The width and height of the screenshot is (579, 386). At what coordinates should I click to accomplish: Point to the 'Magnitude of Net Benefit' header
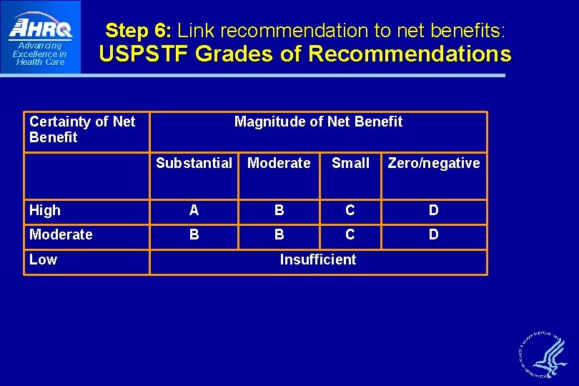point(318,122)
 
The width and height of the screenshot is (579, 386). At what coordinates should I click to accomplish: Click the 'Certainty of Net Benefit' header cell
point(82,129)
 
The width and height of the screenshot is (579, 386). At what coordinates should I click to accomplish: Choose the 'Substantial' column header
point(194,163)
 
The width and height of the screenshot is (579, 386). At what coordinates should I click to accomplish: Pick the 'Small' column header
point(350,163)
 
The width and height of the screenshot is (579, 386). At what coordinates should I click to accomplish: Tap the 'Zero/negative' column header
point(433,163)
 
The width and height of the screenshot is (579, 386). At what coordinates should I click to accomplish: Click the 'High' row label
point(45,210)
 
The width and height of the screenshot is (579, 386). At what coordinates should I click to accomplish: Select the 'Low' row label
point(43,259)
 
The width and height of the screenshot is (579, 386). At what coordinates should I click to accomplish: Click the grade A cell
point(194,210)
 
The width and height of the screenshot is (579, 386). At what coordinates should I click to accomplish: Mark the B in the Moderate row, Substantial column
point(194,234)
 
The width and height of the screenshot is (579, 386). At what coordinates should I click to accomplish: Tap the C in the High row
point(350,210)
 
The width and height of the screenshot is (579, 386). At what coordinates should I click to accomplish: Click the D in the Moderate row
point(433,234)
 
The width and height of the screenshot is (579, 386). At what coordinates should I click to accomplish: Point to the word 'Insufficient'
point(318,259)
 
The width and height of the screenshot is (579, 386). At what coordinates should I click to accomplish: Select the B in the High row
point(279,210)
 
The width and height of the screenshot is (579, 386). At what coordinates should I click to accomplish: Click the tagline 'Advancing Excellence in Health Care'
point(40,54)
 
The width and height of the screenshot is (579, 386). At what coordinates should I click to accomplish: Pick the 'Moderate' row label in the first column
point(61,234)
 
